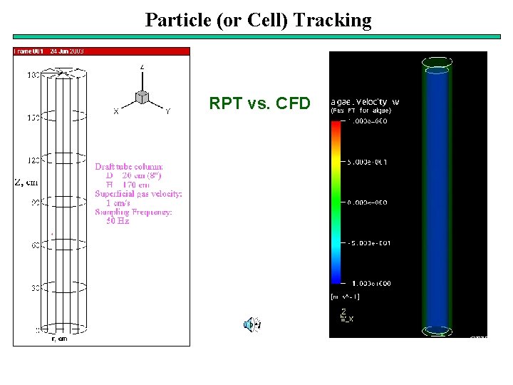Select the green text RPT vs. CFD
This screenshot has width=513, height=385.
click(259, 104)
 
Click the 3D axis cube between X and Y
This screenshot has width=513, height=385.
click(142, 96)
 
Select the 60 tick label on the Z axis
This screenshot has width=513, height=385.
click(35, 245)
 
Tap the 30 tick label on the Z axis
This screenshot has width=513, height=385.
click(35, 288)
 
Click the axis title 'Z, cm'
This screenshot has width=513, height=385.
click(26, 182)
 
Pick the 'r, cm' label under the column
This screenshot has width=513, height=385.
click(61, 339)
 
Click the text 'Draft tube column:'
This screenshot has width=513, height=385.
click(129, 166)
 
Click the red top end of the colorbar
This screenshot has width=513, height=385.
click(336, 124)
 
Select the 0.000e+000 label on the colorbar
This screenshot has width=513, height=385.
click(368, 202)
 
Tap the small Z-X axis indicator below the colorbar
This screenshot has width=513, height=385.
click(346, 315)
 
